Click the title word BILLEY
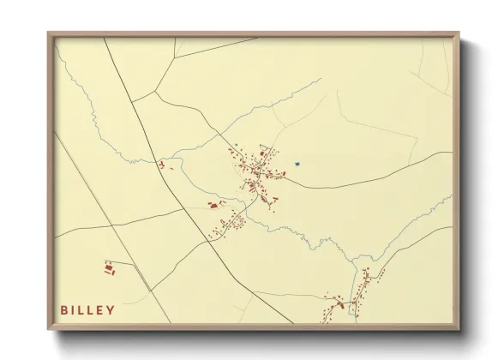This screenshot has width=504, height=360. [87, 309]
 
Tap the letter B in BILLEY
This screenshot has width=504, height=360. [64, 309]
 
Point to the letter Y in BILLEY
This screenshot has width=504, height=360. [111, 309]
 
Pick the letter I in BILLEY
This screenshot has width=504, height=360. [75, 309]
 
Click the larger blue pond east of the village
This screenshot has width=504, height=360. [297, 163]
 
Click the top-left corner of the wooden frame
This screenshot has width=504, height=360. [49, 34]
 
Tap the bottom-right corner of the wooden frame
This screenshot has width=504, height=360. [459, 330]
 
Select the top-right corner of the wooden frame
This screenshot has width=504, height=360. [459, 34]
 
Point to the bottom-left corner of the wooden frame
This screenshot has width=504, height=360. [49, 330]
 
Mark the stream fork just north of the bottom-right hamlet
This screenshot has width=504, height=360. [353, 262]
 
